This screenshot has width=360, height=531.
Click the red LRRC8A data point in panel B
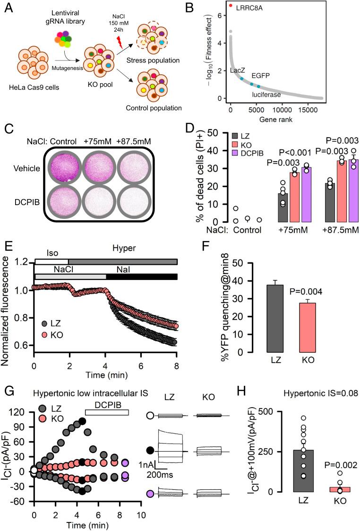pos(231,6)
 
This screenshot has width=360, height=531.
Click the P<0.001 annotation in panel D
pos(297,152)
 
